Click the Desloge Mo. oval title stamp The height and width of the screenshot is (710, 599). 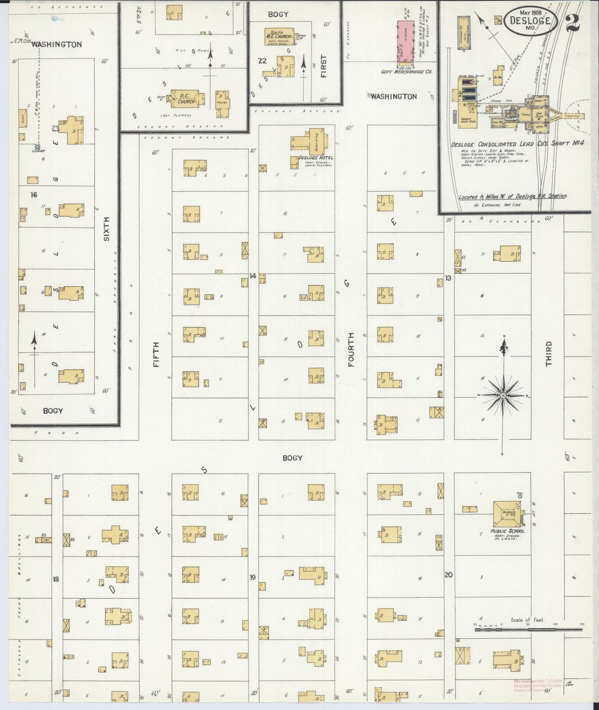[530, 22]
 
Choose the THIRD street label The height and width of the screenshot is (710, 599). [549, 353]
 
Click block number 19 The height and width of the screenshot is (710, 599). [252, 577]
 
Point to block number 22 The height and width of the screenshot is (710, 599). [262, 61]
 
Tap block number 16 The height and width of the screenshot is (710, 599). [34, 194]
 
